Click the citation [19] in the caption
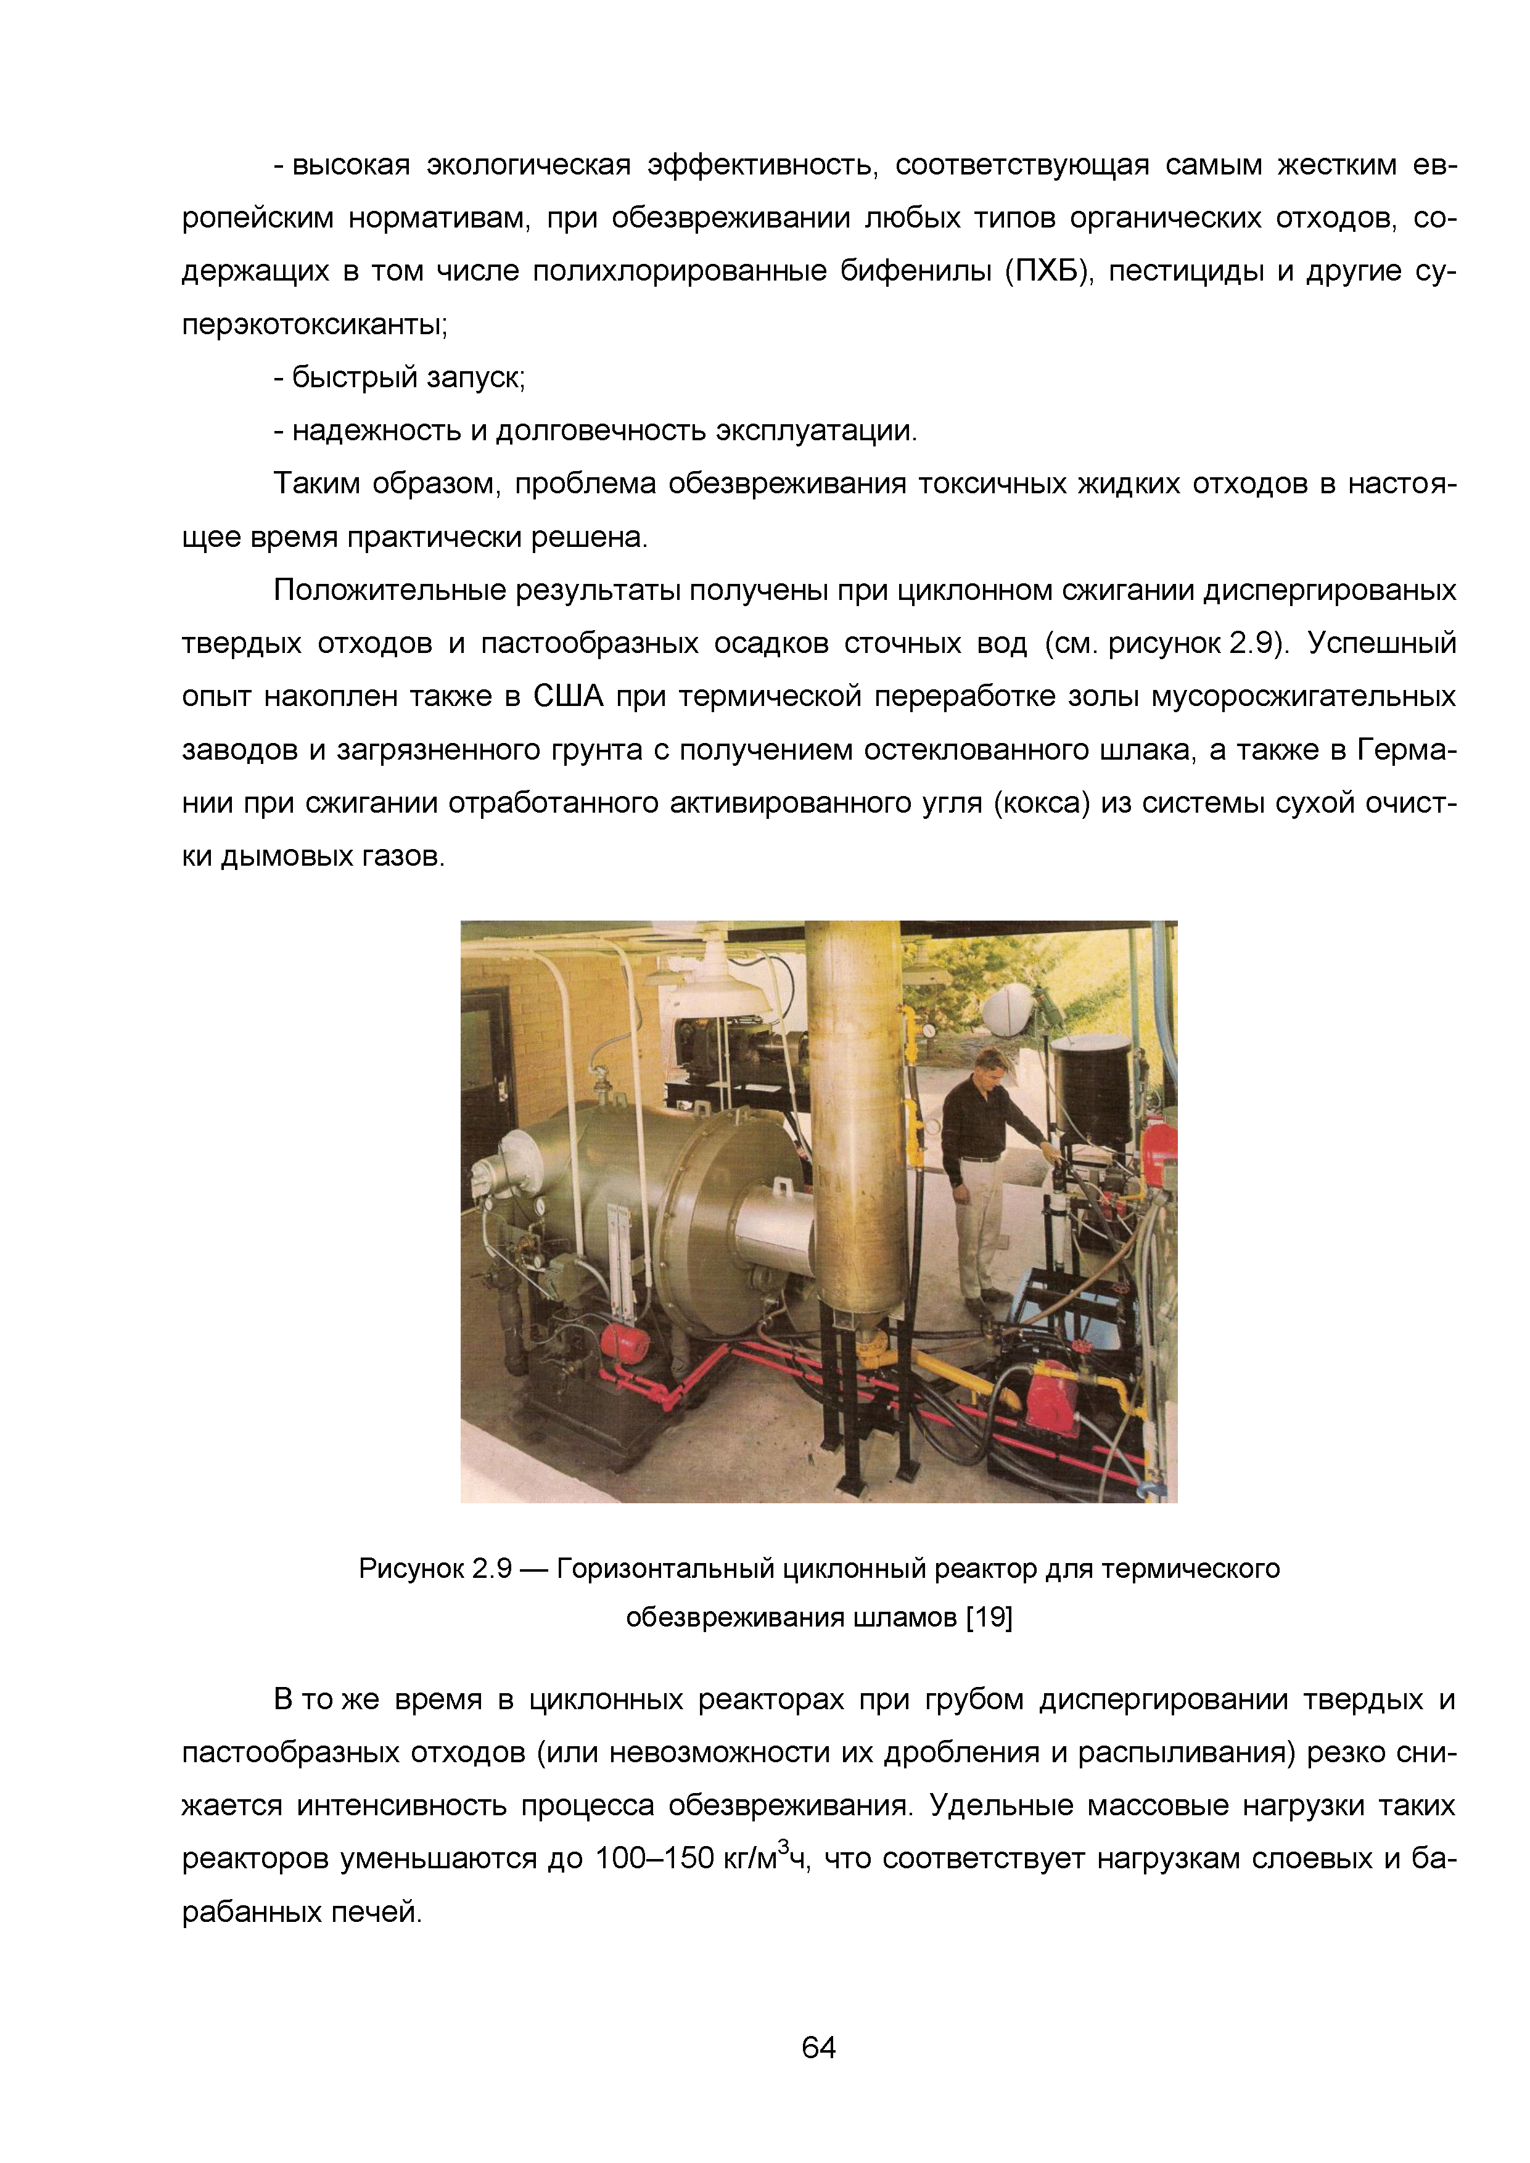pyautogui.click(x=989, y=1617)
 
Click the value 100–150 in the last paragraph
pyautogui.click(x=654, y=1858)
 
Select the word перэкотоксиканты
pyautogui.click(x=314, y=325)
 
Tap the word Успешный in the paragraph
pyautogui.click(x=1381, y=644)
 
